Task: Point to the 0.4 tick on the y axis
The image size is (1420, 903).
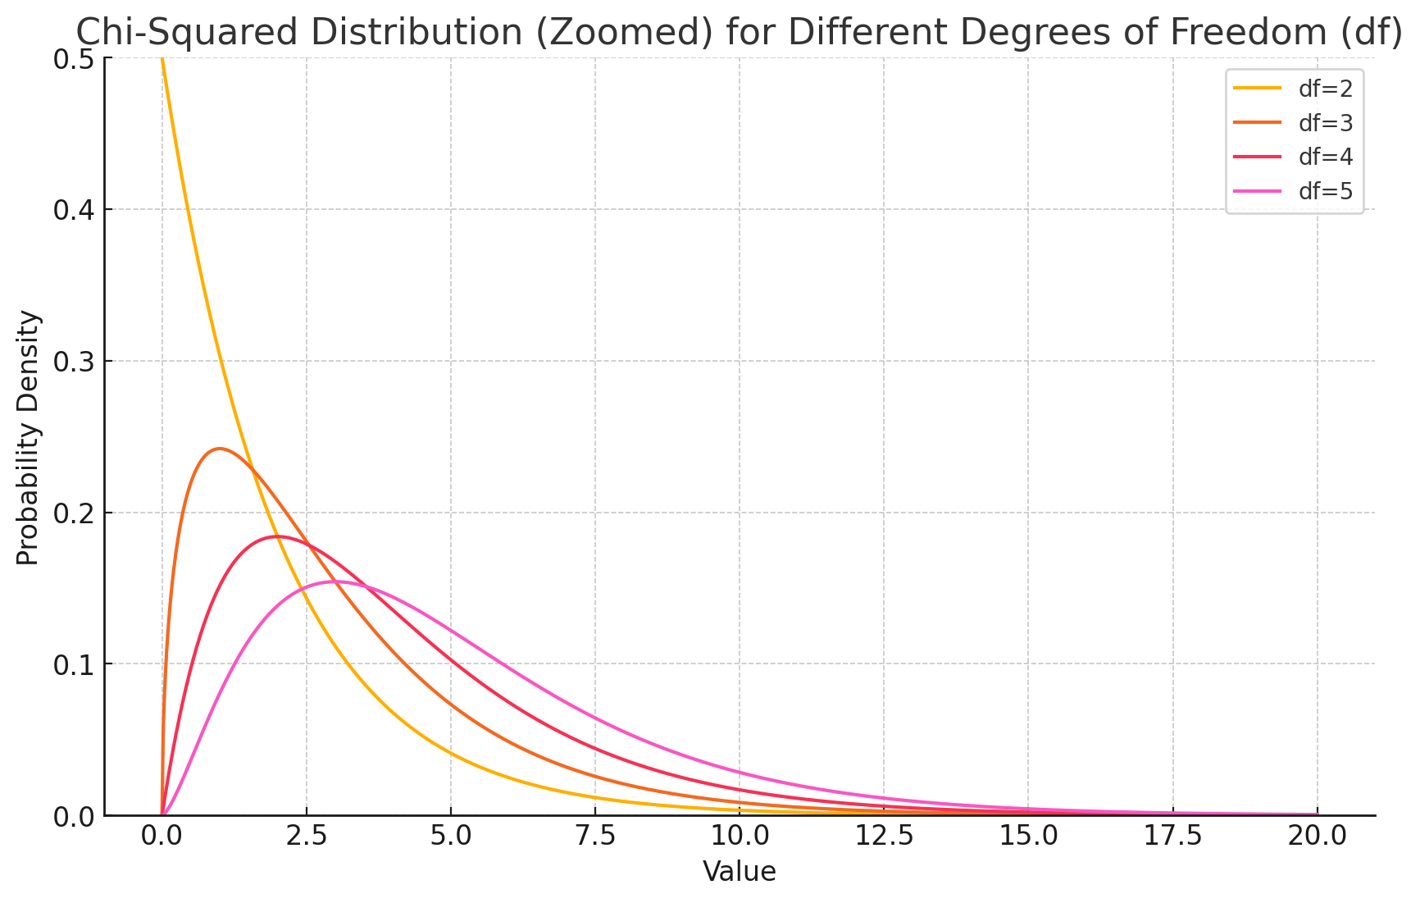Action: [x=75, y=210]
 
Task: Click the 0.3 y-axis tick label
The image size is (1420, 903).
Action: [x=75, y=362]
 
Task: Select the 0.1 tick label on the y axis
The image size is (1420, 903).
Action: [x=75, y=664]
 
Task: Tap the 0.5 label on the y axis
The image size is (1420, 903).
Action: [x=75, y=59]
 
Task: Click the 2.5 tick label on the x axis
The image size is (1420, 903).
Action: [x=306, y=837]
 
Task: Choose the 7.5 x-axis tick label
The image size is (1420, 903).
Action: [x=595, y=837]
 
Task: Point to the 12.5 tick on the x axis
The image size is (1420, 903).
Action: [x=884, y=837]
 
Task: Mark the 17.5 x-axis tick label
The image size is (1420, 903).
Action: [x=1172, y=837]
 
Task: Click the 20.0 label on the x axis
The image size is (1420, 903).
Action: [x=1317, y=837]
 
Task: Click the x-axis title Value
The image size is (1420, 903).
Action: [x=740, y=872]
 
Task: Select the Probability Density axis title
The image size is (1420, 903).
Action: [x=28, y=437]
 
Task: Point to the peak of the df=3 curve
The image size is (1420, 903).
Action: [x=219, y=449]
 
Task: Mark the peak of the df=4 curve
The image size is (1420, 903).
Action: [x=277, y=536]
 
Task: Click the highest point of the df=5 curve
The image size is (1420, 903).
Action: [x=335, y=581]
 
